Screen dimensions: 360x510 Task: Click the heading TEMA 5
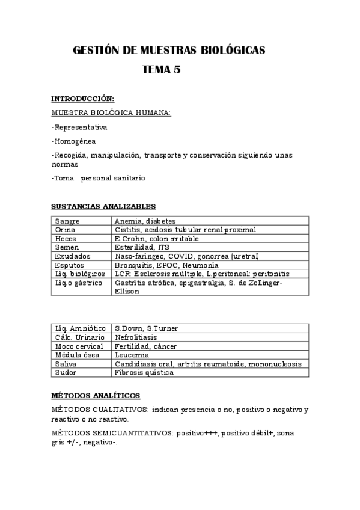161,69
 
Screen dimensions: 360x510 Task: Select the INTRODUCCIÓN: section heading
82,99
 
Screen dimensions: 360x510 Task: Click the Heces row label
65,238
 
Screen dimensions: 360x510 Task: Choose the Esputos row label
69,265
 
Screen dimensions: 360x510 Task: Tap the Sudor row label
65,372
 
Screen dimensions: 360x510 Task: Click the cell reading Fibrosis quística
144,372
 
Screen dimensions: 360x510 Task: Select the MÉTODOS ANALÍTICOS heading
96,395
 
